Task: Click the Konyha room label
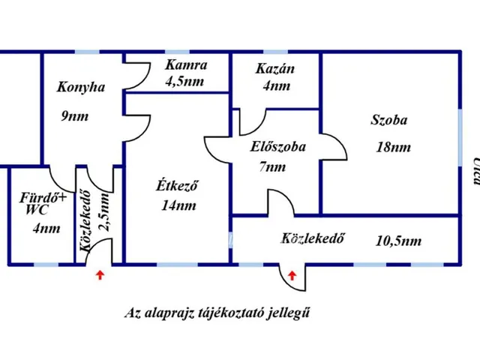[x=81, y=88]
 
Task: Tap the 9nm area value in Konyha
[x=76, y=116]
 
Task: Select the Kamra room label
[x=186, y=66]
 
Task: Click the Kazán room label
[x=274, y=69]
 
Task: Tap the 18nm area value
[x=393, y=147]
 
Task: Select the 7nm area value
[x=273, y=168]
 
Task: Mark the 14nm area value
[x=178, y=205]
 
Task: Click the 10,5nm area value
[x=397, y=241]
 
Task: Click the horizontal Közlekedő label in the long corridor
[x=313, y=240]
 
